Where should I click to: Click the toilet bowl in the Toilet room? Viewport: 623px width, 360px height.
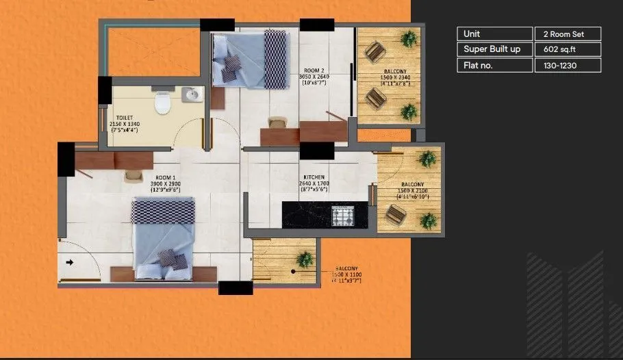pyautogui.click(x=163, y=104)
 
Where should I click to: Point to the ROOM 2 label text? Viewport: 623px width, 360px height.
pyautogui.click(x=314, y=70)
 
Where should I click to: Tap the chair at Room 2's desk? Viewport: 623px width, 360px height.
pyautogui.click(x=277, y=123)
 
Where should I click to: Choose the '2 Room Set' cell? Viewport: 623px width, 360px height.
pyautogui.click(x=567, y=34)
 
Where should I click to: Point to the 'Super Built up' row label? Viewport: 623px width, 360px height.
pyautogui.click(x=493, y=49)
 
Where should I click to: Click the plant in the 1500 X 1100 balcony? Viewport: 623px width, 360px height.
pyautogui.click(x=305, y=259)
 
